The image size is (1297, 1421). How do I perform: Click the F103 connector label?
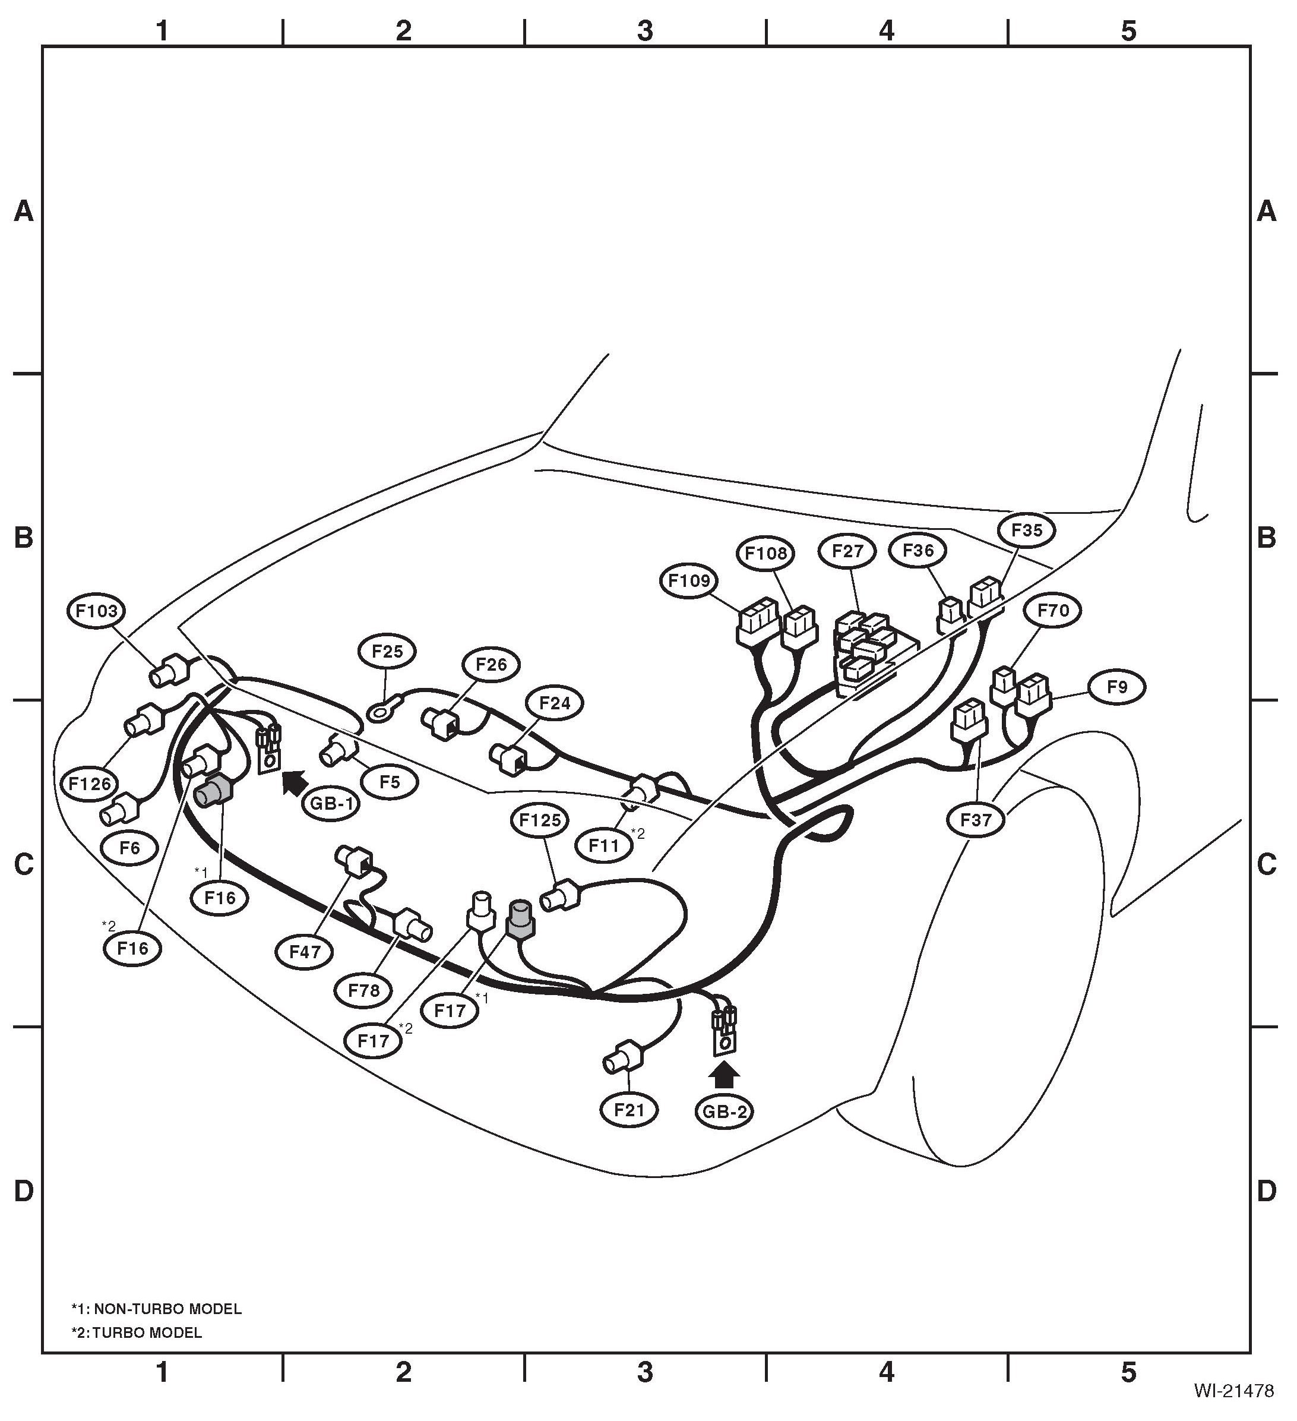coord(97,611)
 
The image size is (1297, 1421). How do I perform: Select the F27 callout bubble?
coord(847,551)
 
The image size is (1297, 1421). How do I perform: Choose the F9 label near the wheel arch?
coord(1117,687)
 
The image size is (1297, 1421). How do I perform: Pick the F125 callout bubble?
coord(540,820)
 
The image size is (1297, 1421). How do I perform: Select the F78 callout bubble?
coord(363,990)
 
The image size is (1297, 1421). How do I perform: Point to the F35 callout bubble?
coord(1026,530)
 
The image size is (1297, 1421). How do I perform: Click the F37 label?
coord(976,820)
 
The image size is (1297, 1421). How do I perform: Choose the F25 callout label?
coord(387,651)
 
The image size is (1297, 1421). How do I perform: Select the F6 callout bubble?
coord(129,848)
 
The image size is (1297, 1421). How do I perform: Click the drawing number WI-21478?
coord(1233,1390)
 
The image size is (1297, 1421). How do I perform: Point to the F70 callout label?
coord(1054,611)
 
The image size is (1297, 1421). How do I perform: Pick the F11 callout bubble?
coord(604,845)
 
